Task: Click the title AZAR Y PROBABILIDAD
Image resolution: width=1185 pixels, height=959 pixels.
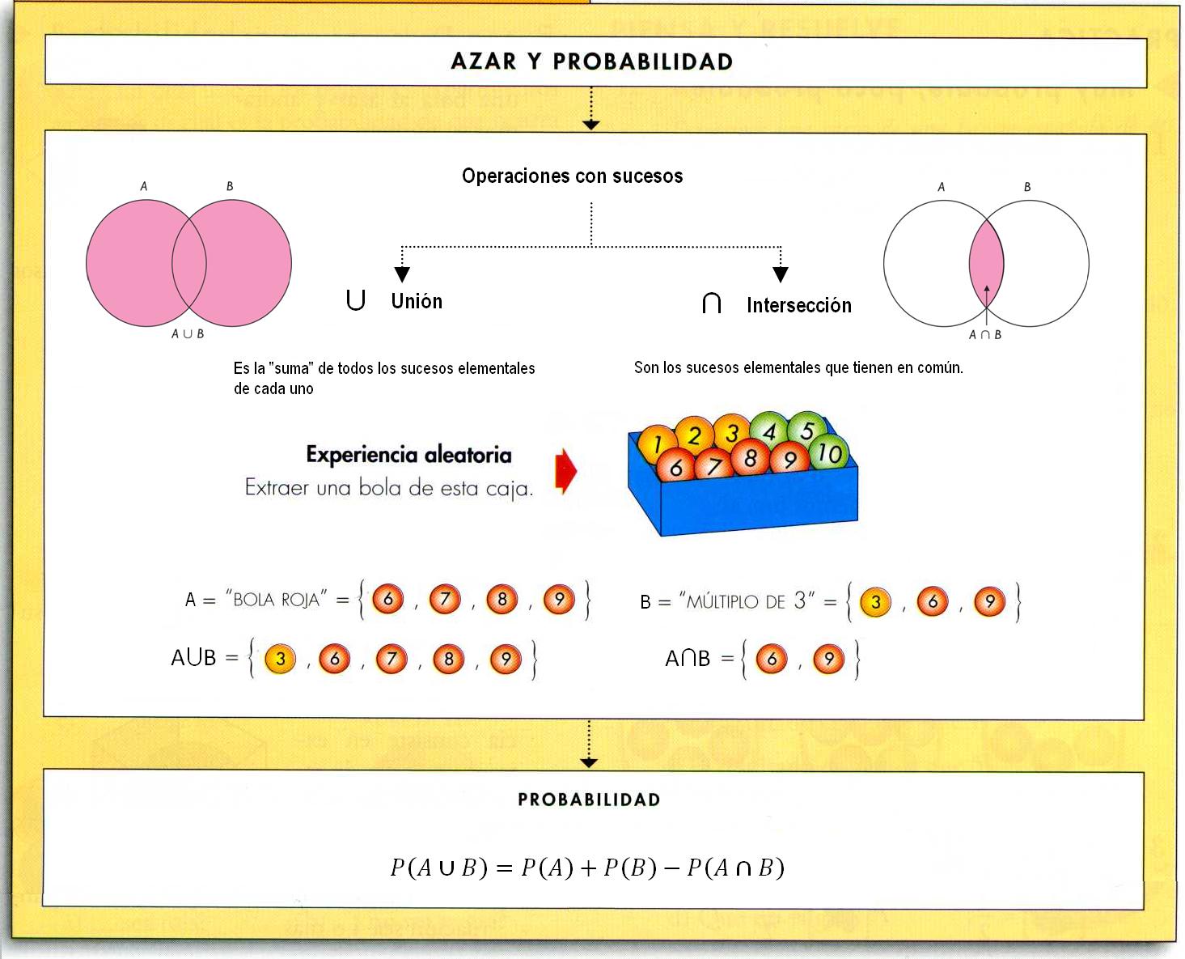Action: click(591, 62)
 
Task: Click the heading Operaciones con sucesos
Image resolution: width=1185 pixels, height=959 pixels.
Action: click(572, 176)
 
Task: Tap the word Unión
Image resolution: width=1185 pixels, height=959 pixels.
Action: click(417, 301)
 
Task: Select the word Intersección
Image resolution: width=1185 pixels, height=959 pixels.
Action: click(798, 305)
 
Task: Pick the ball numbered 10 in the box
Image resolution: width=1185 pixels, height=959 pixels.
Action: click(829, 454)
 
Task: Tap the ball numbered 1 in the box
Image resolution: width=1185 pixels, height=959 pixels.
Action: click(657, 443)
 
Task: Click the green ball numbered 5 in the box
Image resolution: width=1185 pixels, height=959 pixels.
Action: click(806, 430)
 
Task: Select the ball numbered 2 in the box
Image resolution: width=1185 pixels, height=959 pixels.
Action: click(694, 435)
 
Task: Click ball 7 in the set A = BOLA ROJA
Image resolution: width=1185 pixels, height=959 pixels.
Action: click(445, 600)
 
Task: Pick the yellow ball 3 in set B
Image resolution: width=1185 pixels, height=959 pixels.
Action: click(875, 602)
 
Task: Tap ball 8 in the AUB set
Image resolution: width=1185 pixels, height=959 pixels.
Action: click(449, 660)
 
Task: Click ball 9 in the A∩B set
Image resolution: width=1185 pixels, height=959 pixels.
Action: click(828, 660)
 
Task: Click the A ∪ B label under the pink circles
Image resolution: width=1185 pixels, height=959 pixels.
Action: click(188, 333)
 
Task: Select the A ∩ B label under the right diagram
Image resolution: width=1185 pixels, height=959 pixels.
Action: click(985, 334)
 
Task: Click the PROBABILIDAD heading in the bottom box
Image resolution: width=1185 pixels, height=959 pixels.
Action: click(589, 800)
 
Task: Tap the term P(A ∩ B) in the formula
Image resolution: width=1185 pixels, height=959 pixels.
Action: click(735, 868)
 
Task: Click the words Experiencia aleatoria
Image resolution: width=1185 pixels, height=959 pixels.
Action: click(408, 455)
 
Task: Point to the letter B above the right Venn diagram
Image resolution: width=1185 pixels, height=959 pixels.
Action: click(1027, 187)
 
